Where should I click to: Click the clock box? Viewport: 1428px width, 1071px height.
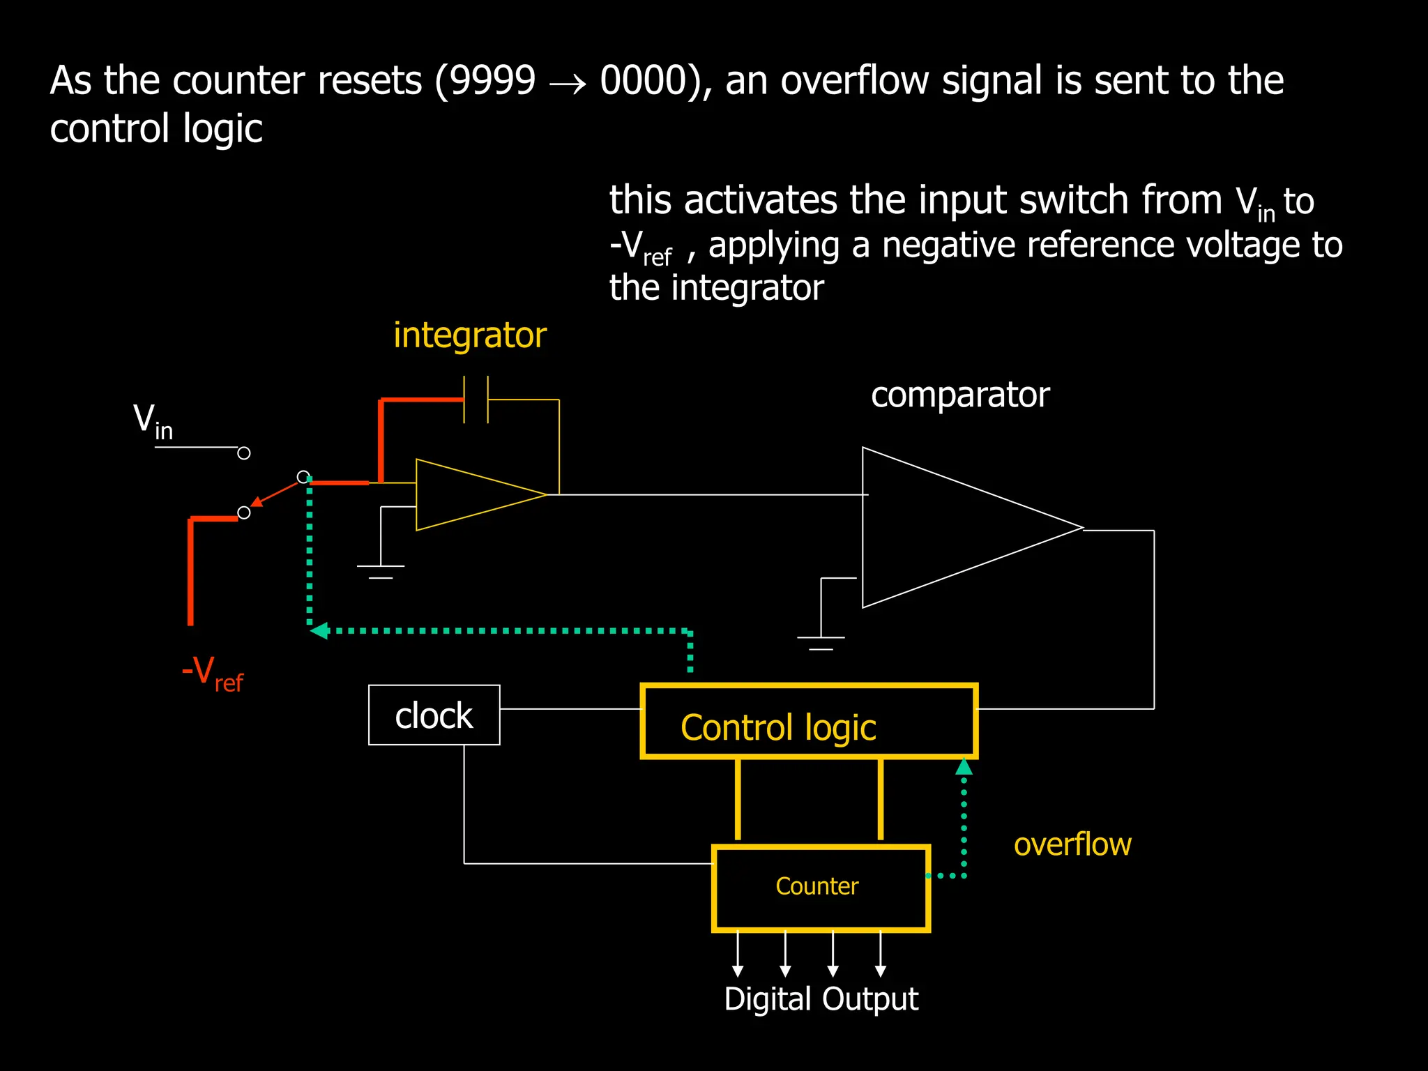pyautogui.click(x=434, y=715)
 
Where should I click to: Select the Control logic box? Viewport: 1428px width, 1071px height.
pyautogui.click(x=808, y=722)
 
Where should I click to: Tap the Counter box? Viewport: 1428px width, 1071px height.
pyautogui.click(x=821, y=888)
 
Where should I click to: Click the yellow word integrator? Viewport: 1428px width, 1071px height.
pyautogui.click(x=469, y=335)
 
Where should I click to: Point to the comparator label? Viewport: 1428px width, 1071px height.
pyautogui.click(x=959, y=395)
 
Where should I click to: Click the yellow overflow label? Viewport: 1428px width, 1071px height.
pyautogui.click(x=1072, y=844)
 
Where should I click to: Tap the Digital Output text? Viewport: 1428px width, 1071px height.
pyautogui.click(x=821, y=999)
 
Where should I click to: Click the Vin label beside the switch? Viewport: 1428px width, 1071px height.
pyautogui.click(x=153, y=422)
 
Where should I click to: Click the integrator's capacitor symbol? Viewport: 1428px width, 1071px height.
pyautogui.click(x=476, y=400)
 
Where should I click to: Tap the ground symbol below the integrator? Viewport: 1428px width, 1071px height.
pyautogui.click(x=380, y=571)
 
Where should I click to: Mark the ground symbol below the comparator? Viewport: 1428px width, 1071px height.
pyautogui.click(x=821, y=642)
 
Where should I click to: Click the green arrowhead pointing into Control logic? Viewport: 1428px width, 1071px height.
pyautogui.click(x=964, y=767)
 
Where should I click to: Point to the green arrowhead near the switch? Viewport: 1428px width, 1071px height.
pyautogui.click(x=319, y=631)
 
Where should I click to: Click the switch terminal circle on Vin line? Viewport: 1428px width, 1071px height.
pyautogui.click(x=243, y=453)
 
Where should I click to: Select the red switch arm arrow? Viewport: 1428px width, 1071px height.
pyautogui.click(x=275, y=493)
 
